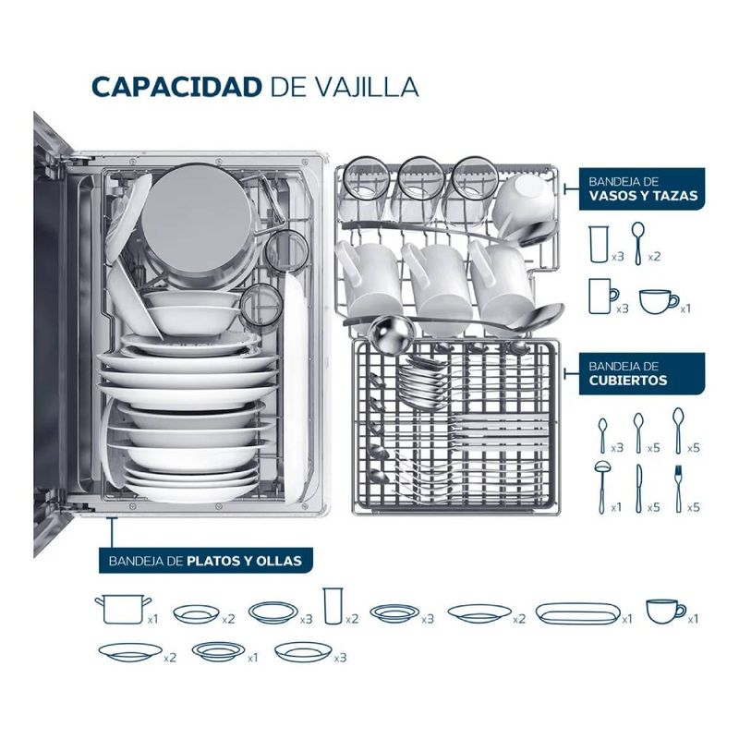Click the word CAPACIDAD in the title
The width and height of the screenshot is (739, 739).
pos(176,87)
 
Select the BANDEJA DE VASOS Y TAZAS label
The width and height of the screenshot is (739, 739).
pos(642,188)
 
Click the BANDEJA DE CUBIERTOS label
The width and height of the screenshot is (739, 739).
pos(642,373)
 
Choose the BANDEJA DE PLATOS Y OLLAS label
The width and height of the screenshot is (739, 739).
pos(205,561)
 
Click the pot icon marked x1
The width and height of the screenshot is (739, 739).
pos(123,609)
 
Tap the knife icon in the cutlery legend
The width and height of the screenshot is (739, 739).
pos(638,489)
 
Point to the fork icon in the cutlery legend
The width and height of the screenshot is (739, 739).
pos(678,489)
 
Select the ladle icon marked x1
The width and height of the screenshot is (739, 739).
pos(602,487)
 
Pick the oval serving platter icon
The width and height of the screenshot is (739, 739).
pos(579,613)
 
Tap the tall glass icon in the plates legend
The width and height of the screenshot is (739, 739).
pos(333,606)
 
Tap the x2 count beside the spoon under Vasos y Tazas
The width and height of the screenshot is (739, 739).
pos(654,257)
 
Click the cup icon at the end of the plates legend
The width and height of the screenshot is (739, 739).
pos(665,612)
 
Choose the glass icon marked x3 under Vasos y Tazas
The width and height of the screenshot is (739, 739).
pos(599,244)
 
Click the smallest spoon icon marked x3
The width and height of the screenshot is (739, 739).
pos(603,435)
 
